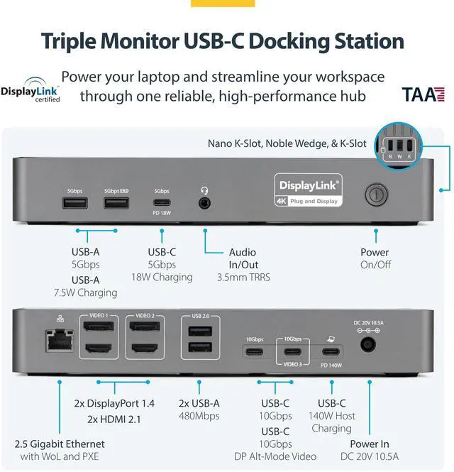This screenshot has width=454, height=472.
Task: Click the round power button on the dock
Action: coord(374,195)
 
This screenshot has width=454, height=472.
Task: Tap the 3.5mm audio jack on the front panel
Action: coord(205,203)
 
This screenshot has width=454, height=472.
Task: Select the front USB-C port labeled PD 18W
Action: coord(162,202)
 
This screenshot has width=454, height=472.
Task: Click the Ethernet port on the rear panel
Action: coord(55,343)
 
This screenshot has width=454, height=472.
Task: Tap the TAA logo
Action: coord(423,94)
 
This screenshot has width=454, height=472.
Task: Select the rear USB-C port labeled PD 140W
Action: coord(330,351)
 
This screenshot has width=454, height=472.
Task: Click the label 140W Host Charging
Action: coord(331,422)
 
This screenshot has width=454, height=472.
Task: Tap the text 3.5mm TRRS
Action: coord(243,277)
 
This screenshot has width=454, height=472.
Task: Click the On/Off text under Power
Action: coord(375,265)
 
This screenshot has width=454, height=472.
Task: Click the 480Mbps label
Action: coord(199,416)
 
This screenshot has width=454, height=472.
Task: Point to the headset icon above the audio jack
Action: coord(205,190)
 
